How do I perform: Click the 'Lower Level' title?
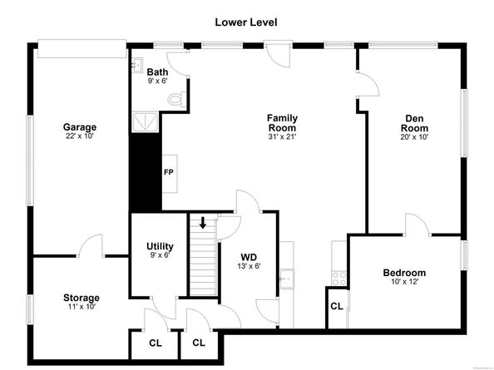click(x=246, y=22)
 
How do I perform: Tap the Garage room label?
click(x=80, y=127)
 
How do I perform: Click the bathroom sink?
click(x=137, y=66)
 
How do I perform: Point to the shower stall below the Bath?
click(x=145, y=122)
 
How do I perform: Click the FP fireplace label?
click(x=169, y=172)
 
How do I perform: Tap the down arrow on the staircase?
click(x=203, y=222)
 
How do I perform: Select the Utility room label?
click(x=160, y=246)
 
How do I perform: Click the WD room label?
click(x=249, y=257)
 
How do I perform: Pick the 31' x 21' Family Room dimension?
click(x=282, y=136)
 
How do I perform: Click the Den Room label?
click(x=414, y=123)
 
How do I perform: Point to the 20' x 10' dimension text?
click(x=414, y=137)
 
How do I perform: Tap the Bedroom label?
click(x=404, y=273)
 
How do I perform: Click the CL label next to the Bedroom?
click(x=337, y=306)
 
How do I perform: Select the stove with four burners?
click(x=339, y=279)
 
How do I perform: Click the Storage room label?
click(x=82, y=298)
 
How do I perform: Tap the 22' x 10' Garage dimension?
click(x=80, y=136)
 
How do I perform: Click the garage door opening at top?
click(x=82, y=49)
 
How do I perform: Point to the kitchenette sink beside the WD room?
click(x=287, y=279)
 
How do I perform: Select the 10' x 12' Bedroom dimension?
click(x=404, y=282)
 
